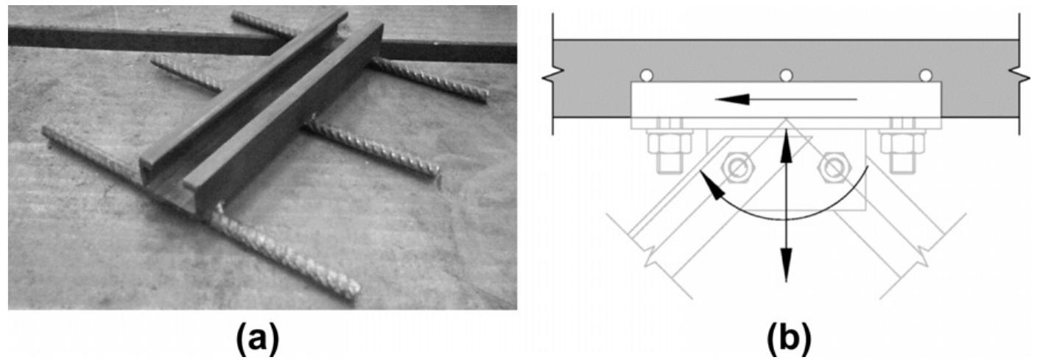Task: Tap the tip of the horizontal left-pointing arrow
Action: tap(720, 98)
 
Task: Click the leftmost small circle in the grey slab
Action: tap(645, 75)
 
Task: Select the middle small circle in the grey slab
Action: tap(786, 75)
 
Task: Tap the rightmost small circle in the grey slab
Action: tap(926, 75)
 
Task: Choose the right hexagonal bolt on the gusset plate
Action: tap(834, 168)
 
